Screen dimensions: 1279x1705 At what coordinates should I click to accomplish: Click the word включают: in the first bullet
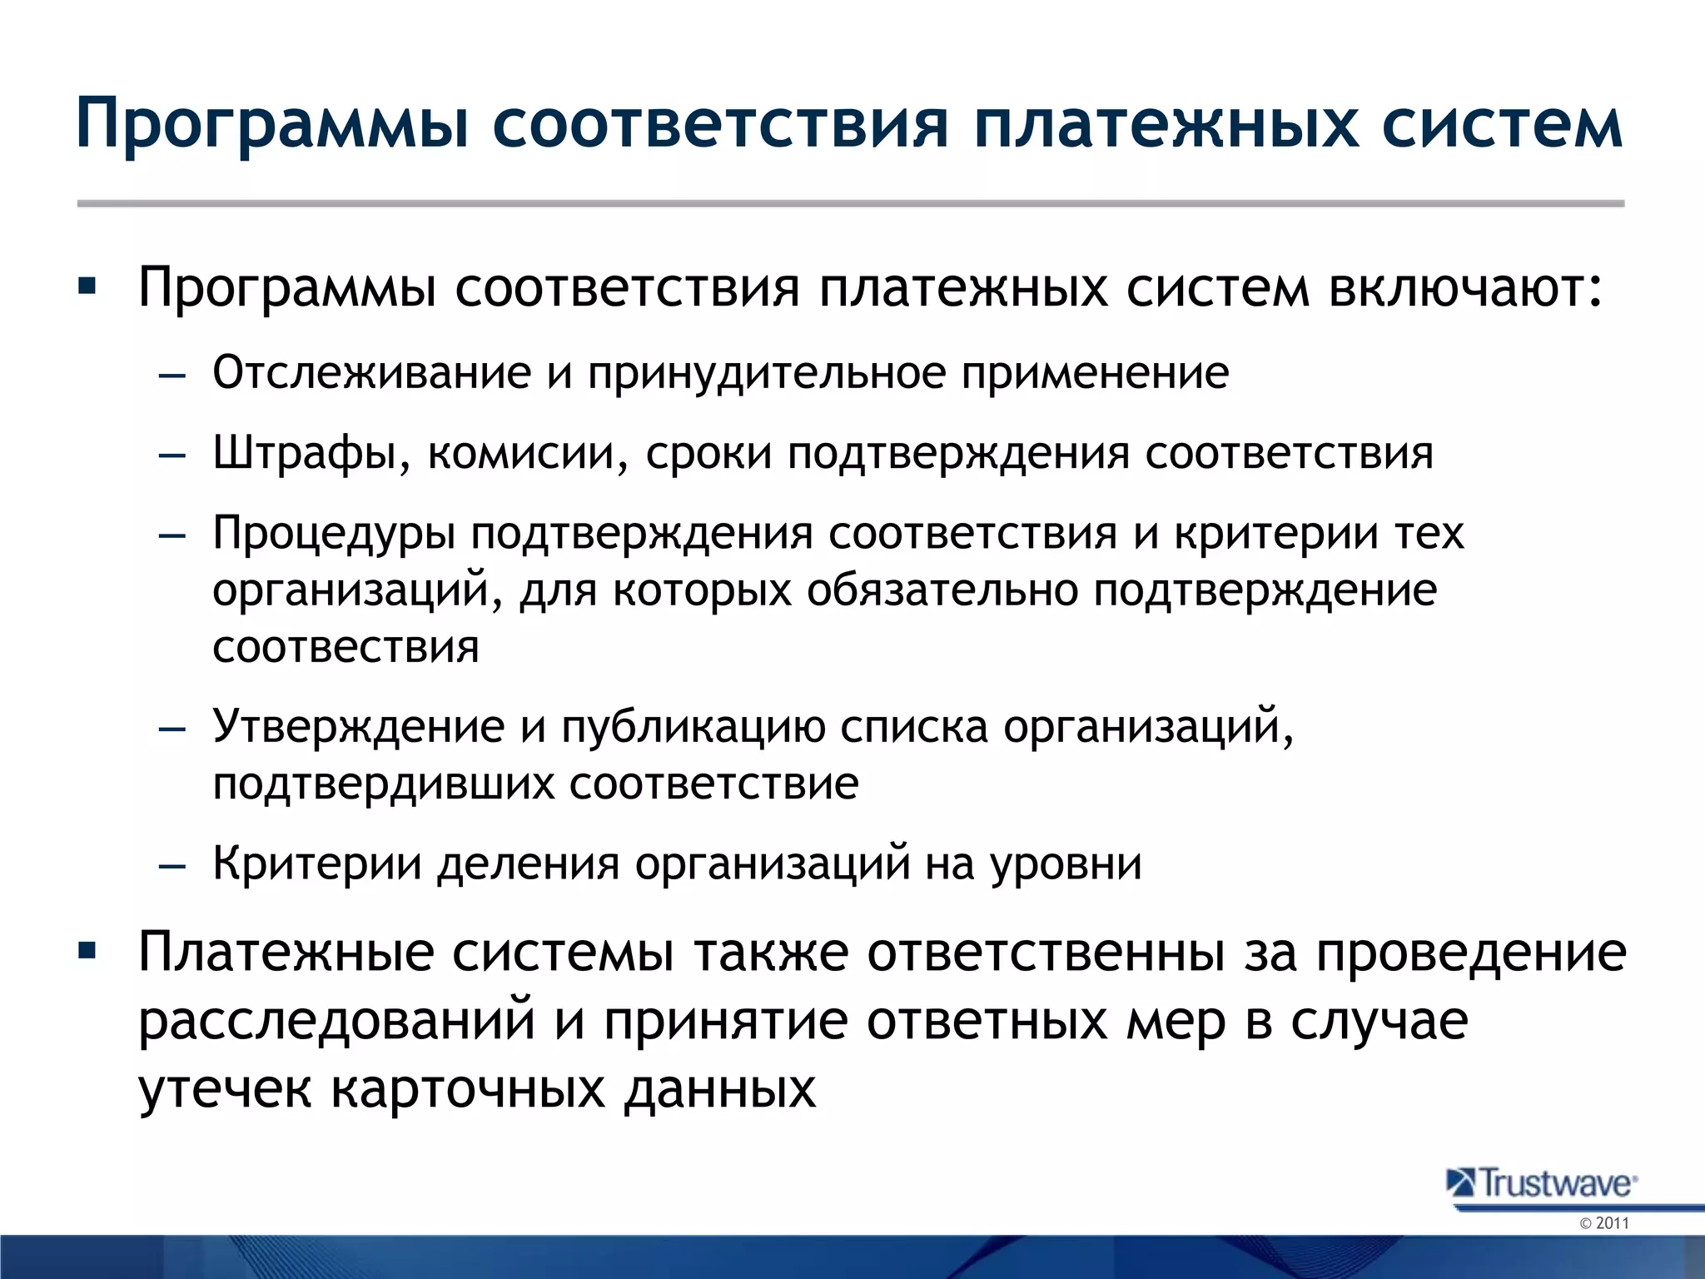(x=1464, y=288)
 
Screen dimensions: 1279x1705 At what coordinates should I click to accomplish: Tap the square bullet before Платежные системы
(x=87, y=949)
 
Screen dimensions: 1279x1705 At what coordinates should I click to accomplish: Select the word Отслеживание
(x=371, y=372)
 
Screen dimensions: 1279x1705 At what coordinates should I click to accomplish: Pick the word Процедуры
(x=334, y=534)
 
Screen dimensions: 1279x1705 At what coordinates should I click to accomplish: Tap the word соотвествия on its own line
(x=345, y=647)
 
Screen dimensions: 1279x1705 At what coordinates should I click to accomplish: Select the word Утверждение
(x=358, y=726)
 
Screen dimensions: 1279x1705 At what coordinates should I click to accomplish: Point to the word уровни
(x=1066, y=864)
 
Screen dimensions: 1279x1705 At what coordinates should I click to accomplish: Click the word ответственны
(x=1046, y=952)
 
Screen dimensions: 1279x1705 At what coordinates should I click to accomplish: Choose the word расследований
(x=336, y=1021)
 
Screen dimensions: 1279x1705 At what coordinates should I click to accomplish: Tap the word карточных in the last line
(x=468, y=1088)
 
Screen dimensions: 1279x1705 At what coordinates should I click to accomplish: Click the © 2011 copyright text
(x=1603, y=1223)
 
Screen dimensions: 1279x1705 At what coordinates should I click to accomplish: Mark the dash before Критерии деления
(x=171, y=866)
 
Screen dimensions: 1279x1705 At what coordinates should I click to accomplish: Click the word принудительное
(x=766, y=372)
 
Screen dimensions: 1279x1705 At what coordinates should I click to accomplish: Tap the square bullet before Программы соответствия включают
(x=87, y=287)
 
